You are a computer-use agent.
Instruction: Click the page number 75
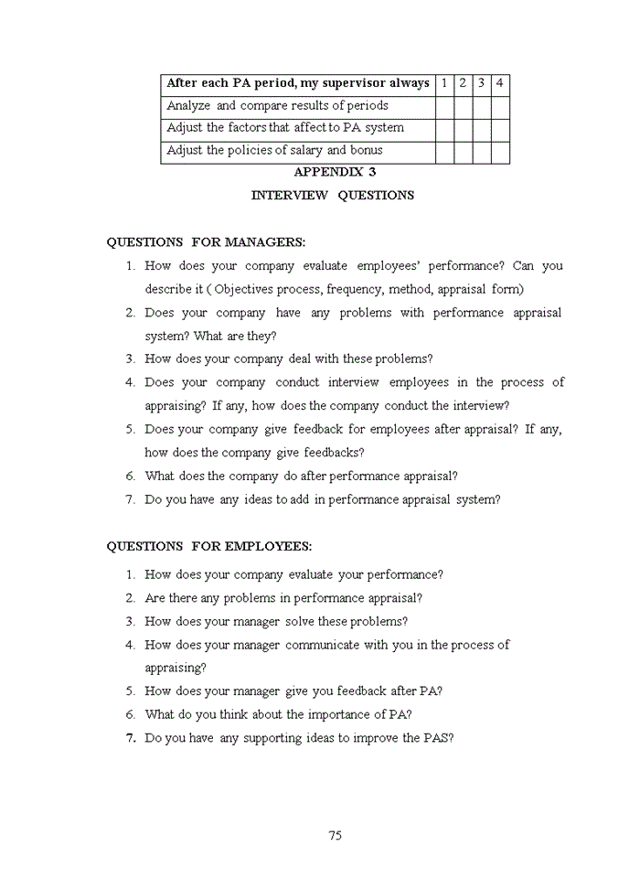(x=335, y=835)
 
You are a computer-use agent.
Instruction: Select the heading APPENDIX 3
(x=335, y=172)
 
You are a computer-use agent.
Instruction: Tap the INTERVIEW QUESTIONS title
(x=333, y=195)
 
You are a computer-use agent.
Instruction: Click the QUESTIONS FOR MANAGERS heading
(x=206, y=242)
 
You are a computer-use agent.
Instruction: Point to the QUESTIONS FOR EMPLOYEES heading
(x=208, y=546)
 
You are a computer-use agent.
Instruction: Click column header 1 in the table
(x=444, y=83)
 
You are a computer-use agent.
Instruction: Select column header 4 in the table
(x=500, y=83)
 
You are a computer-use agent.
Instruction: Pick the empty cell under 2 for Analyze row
(x=463, y=106)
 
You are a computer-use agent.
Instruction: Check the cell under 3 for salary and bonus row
(x=481, y=151)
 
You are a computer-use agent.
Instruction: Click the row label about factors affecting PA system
(x=285, y=128)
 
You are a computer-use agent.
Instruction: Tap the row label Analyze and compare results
(x=277, y=106)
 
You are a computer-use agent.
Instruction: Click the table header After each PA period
(x=297, y=83)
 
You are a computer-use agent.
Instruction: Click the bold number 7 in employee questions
(x=131, y=738)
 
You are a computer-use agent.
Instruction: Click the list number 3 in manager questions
(x=131, y=359)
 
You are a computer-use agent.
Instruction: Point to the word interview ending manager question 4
(x=485, y=405)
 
